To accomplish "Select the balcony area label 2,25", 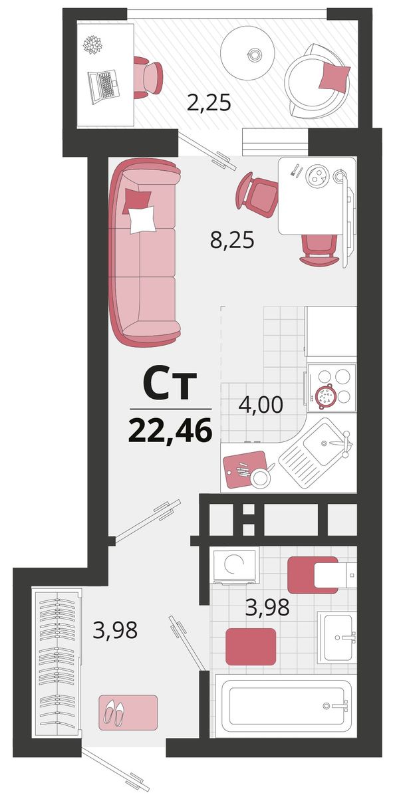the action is point(209,103).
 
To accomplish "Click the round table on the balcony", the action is point(247,54).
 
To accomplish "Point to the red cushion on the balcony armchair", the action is point(334,74).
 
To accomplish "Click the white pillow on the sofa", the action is point(143,219).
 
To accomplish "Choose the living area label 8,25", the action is point(232,240).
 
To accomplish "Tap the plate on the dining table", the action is point(318,175).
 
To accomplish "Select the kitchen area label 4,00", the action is point(261,405).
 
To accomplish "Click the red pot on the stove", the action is point(326,396).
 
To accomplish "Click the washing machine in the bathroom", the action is point(235,565).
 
